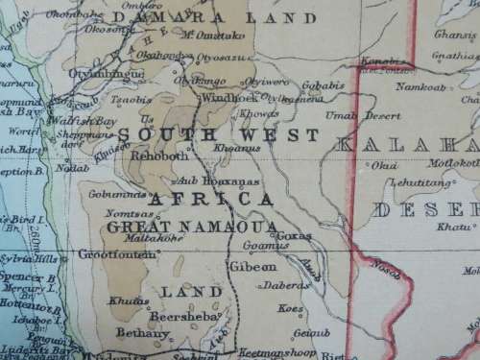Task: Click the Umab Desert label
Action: click(350, 115)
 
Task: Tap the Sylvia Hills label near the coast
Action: click(27, 257)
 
